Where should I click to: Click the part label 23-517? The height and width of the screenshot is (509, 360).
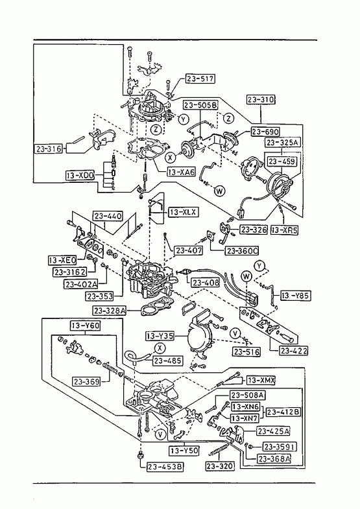click(200, 79)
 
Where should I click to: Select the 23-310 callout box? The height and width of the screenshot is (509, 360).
click(261, 99)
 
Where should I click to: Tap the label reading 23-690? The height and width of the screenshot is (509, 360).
click(265, 132)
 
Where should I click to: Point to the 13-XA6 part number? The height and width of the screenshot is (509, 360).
click(182, 172)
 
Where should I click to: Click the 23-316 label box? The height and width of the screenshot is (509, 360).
click(49, 148)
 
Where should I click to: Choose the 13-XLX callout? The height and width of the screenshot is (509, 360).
click(183, 212)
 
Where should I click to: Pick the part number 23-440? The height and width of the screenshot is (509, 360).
click(108, 216)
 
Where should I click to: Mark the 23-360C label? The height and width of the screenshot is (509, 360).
click(242, 251)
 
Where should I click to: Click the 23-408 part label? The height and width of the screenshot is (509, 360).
click(206, 283)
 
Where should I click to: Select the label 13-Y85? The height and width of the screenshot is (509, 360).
click(295, 296)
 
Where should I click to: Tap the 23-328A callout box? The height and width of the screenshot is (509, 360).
click(110, 311)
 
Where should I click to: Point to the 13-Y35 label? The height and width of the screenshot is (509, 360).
click(160, 336)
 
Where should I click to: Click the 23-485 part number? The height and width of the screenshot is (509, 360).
click(167, 361)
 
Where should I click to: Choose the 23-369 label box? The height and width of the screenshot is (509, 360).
click(86, 382)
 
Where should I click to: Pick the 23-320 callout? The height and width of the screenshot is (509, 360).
click(220, 466)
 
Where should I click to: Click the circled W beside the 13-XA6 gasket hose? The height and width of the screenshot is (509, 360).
click(220, 191)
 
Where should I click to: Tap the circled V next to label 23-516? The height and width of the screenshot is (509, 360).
click(235, 333)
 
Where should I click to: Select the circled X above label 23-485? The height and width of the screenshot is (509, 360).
click(160, 348)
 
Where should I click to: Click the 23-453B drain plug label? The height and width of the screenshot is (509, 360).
click(165, 467)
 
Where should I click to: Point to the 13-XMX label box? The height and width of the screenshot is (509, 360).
click(261, 380)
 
